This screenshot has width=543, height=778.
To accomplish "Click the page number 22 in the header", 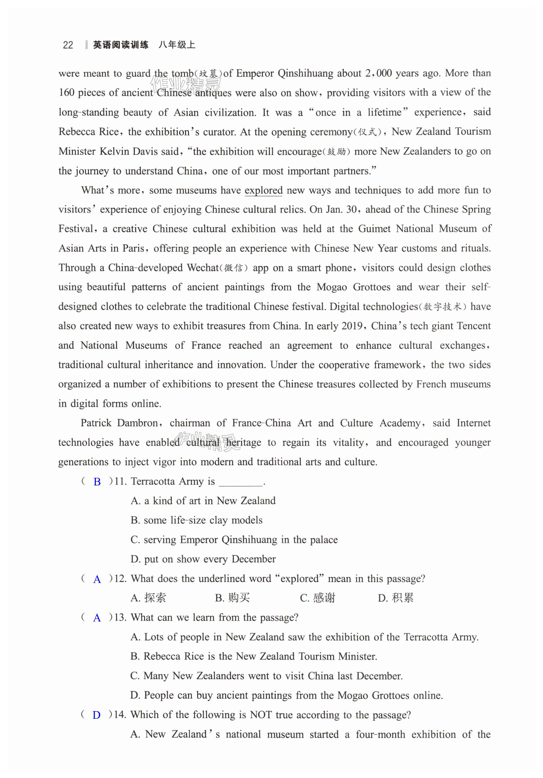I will click(68, 45).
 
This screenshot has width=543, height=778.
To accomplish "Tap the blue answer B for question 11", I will click(97, 482).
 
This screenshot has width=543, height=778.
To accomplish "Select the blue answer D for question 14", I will click(97, 715).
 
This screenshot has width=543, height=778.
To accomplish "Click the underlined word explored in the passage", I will click(263, 191).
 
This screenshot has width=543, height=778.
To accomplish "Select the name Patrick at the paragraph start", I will click(96, 423).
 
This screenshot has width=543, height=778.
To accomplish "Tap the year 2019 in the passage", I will click(353, 326).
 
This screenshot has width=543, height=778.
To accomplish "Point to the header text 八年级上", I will click(177, 45).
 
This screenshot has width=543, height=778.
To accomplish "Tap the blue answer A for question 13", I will click(97, 618).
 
